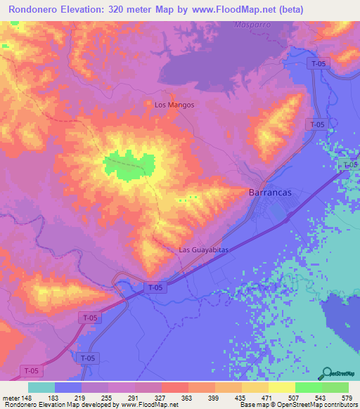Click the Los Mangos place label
174,105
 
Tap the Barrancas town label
271,193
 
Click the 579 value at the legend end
346,398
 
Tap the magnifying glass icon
328,372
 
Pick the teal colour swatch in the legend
41,388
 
